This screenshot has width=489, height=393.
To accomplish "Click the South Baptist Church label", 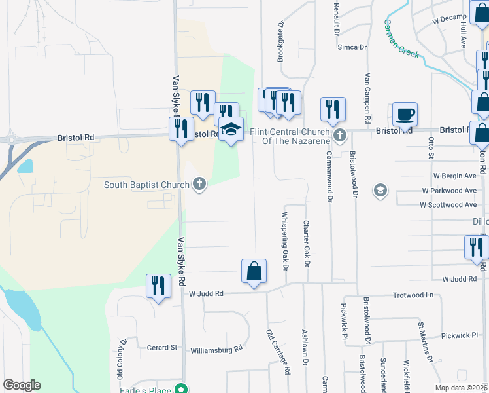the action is (x=146, y=185).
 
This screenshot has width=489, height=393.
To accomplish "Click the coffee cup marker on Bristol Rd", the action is (x=405, y=115).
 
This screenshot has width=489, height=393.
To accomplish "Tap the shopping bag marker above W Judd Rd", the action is (x=254, y=271).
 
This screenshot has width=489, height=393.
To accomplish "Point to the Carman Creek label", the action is (x=401, y=38).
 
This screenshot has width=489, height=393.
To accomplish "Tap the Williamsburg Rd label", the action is (x=216, y=350).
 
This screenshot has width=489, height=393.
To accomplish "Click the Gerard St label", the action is (x=162, y=348).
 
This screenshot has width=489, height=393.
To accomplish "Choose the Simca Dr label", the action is (x=352, y=47).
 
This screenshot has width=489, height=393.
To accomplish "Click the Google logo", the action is (x=22, y=385).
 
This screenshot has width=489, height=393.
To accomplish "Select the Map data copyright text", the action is (x=462, y=388).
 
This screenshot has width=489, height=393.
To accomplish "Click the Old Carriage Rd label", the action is (x=278, y=352).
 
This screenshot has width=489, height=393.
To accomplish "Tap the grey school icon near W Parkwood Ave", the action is (x=379, y=191).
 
